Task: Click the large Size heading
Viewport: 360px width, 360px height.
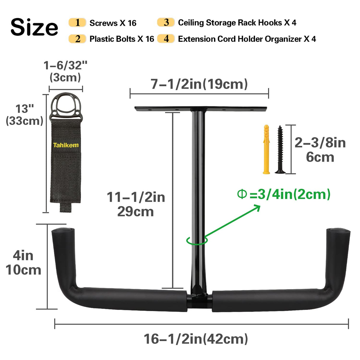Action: [34, 27]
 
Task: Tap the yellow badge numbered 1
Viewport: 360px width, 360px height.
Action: [77, 23]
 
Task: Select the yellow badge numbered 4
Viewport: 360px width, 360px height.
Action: [166, 39]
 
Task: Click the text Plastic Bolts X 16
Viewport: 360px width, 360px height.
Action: [122, 39]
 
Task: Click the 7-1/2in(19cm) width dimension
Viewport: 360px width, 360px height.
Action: [199, 84]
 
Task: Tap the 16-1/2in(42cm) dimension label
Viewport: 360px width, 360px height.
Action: [196, 339]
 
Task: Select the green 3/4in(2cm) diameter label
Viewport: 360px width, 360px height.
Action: [284, 195]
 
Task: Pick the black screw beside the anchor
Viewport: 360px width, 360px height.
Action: [280, 150]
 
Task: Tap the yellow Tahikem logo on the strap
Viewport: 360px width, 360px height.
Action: [66, 145]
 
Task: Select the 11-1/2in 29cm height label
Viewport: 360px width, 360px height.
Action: [136, 204]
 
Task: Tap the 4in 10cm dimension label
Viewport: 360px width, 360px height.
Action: [23, 263]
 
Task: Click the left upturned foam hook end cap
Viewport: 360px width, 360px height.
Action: [63, 230]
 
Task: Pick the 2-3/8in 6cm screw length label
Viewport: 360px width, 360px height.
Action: [320, 150]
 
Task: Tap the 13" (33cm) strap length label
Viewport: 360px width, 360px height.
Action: [25, 115]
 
